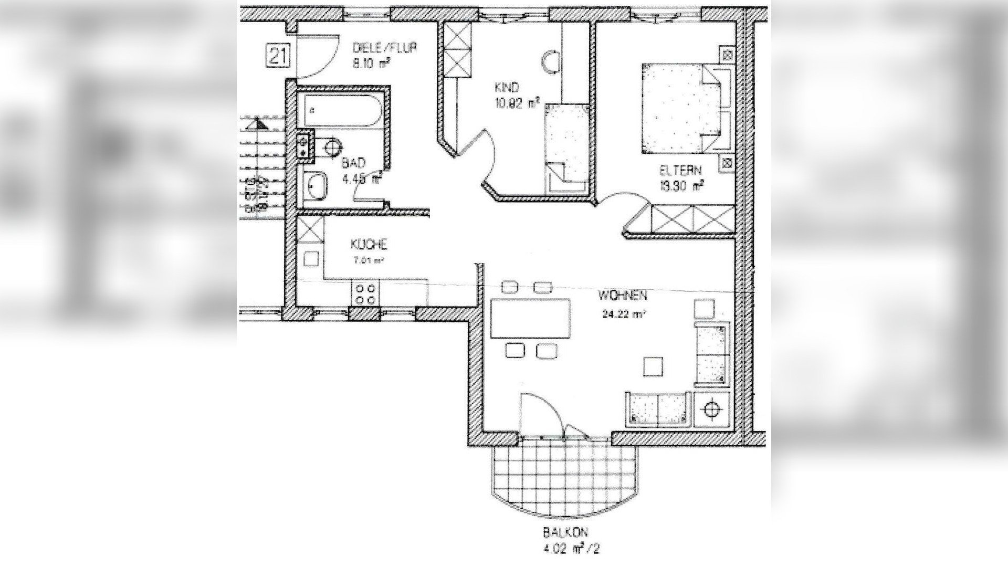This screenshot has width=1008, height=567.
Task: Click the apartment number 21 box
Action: click(x=278, y=56)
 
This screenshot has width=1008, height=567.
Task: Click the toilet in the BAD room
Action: click(x=331, y=146)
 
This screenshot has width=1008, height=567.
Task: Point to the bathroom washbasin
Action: click(x=316, y=185)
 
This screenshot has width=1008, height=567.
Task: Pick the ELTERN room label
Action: click(x=680, y=171)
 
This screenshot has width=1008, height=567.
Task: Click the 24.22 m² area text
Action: click(x=624, y=315)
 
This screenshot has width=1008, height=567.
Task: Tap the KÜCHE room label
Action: click(x=369, y=245)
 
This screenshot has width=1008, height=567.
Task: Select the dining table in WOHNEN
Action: click(x=530, y=319)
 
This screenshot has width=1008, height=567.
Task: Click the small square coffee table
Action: click(x=653, y=366)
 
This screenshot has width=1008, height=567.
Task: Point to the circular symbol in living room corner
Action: click(x=711, y=408)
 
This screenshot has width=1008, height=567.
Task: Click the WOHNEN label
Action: click(x=622, y=296)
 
